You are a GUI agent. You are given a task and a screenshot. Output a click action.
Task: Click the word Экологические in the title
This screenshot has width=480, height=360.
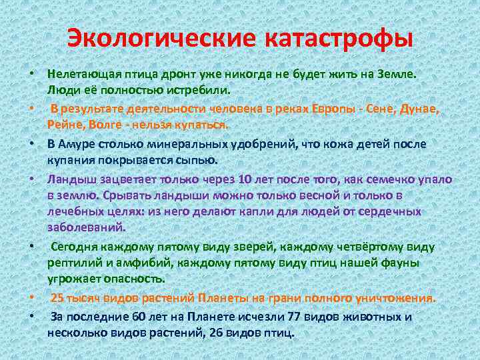pos(160,37)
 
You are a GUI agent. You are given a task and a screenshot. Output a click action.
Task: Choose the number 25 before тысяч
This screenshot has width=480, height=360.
pos(58,298)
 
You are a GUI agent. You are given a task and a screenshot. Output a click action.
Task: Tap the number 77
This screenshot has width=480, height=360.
pos(297,316)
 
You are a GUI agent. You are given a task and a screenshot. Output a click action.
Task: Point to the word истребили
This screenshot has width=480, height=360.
pos(201,90)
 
